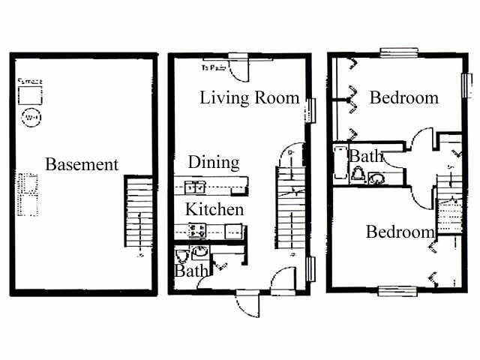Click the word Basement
[x=82, y=164]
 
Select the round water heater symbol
[x=30, y=118]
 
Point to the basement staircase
[x=138, y=213]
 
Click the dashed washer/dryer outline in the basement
[x=28, y=194]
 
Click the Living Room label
[x=249, y=98]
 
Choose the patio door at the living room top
[x=239, y=67]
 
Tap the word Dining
[x=213, y=162]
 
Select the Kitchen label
[x=214, y=209]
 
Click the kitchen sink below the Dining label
[x=195, y=186]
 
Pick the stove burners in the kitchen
[x=197, y=231]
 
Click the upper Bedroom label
[x=403, y=97]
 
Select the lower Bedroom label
[x=400, y=232]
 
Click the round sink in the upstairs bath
[x=376, y=178]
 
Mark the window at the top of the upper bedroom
[x=398, y=52]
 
